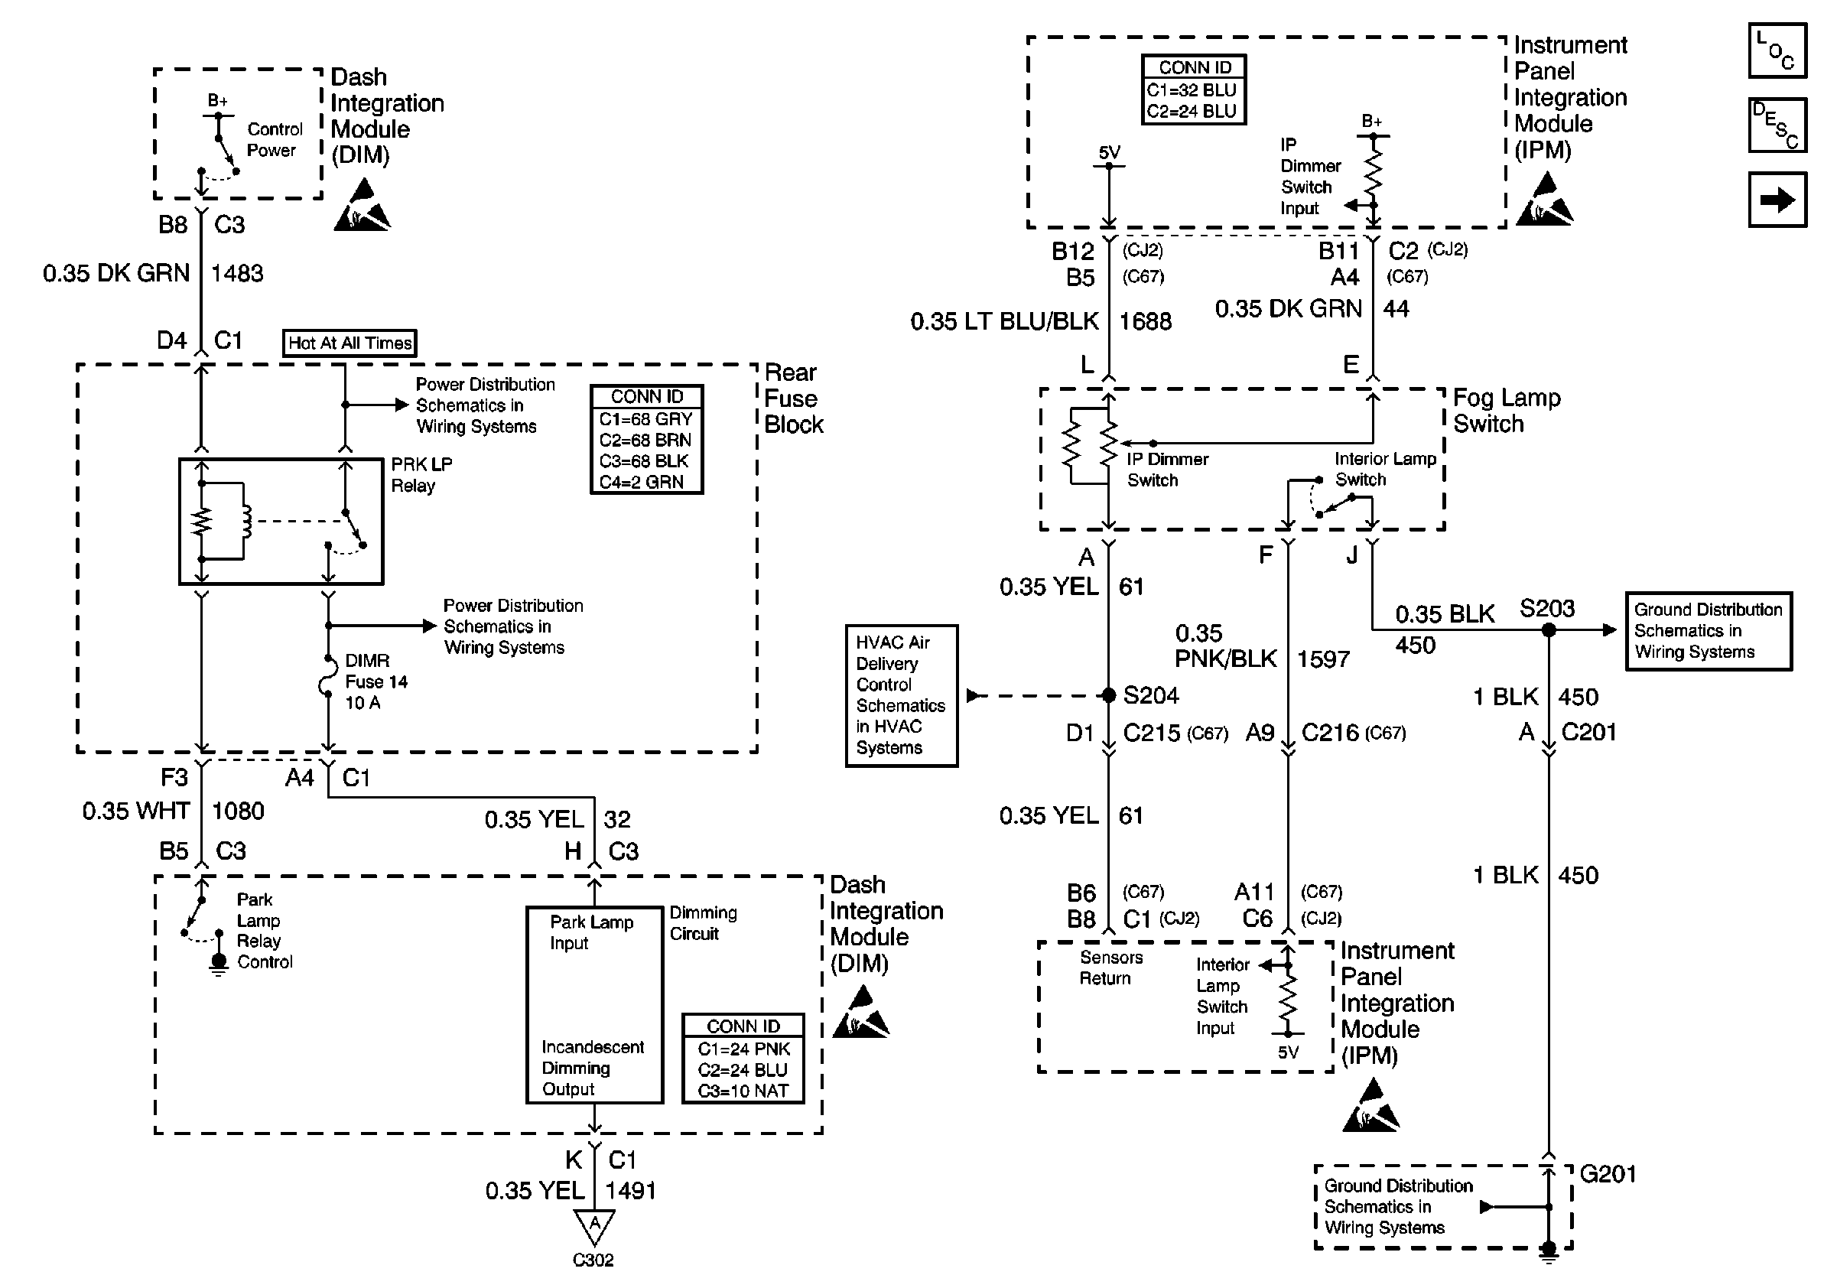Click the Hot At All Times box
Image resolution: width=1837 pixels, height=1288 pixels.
tap(350, 343)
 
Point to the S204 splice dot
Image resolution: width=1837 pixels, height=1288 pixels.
tap(1108, 695)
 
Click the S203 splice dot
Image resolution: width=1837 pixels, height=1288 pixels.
tap(1548, 629)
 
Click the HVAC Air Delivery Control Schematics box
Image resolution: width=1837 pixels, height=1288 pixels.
tap(901, 695)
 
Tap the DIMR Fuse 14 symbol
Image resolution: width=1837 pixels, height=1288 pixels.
tap(328, 681)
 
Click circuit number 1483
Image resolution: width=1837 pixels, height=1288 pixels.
tap(237, 274)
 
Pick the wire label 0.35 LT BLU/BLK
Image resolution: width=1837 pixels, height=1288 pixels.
tap(1004, 321)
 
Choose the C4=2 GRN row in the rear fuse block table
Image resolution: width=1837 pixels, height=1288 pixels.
tap(642, 483)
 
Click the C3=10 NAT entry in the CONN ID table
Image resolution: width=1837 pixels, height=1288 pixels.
tap(743, 1091)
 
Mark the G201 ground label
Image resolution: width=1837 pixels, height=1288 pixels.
tap(1608, 1174)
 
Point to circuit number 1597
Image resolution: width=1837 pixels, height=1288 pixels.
tap(1322, 659)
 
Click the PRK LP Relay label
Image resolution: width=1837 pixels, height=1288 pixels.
tap(421, 474)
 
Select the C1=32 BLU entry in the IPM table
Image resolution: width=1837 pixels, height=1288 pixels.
tap(1192, 90)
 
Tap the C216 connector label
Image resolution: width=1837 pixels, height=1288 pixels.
tap(1330, 733)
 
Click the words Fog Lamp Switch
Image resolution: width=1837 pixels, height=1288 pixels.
tap(1506, 411)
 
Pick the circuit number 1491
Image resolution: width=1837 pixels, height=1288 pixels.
tap(630, 1190)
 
